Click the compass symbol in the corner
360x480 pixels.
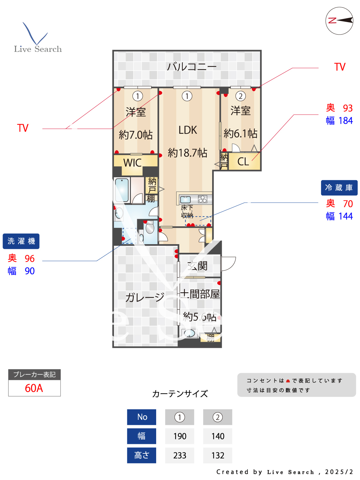click(x=339, y=21)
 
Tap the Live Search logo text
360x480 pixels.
click(x=38, y=49)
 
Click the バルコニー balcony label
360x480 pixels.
click(x=191, y=67)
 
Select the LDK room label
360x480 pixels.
click(x=188, y=130)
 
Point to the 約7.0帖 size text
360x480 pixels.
click(x=136, y=135)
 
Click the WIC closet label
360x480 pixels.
click(x=132, y=163)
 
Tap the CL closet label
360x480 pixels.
click(x=243, y=162)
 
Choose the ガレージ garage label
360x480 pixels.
click(x=145, y=297)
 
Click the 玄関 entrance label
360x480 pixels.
click(x=198, y=266)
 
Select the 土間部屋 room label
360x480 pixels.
click(x=200, y=294)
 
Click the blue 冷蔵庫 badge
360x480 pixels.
click(x=339, y=188)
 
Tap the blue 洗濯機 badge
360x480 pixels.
click(x=21, y=241)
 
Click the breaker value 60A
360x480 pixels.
click(x=34, y=388)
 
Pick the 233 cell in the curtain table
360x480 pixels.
click(x=180, y=455)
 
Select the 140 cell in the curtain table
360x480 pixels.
click(x=218, y=436)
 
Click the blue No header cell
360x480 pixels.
click(x=142, y=417)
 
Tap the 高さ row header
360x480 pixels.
click(x=142, y=455)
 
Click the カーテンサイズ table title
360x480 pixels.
click(x=180, y=394)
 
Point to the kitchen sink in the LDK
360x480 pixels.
click(x=186, y=200)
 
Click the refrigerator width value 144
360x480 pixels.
click(x=346, y=216)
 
